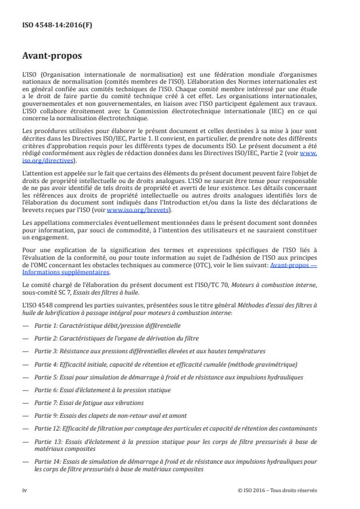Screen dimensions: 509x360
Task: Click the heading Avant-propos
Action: click(53, 56)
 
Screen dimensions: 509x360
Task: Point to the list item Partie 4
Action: click(165, 364)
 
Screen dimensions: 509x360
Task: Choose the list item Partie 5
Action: click(168, 377)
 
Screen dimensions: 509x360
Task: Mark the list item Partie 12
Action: click(175, 428)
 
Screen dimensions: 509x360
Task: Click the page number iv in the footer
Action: click(25, 490)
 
